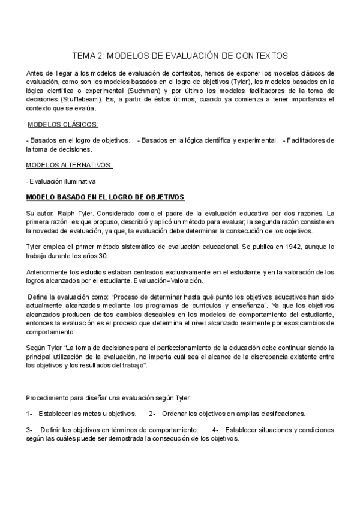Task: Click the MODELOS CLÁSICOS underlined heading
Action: [64, 124]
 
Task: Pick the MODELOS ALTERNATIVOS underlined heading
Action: [69, 164]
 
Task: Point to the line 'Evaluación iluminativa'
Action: [62, 181]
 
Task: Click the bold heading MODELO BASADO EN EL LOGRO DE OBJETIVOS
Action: [106, 197]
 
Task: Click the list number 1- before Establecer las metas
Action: [29, 413]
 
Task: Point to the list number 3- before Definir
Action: [29, 430]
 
